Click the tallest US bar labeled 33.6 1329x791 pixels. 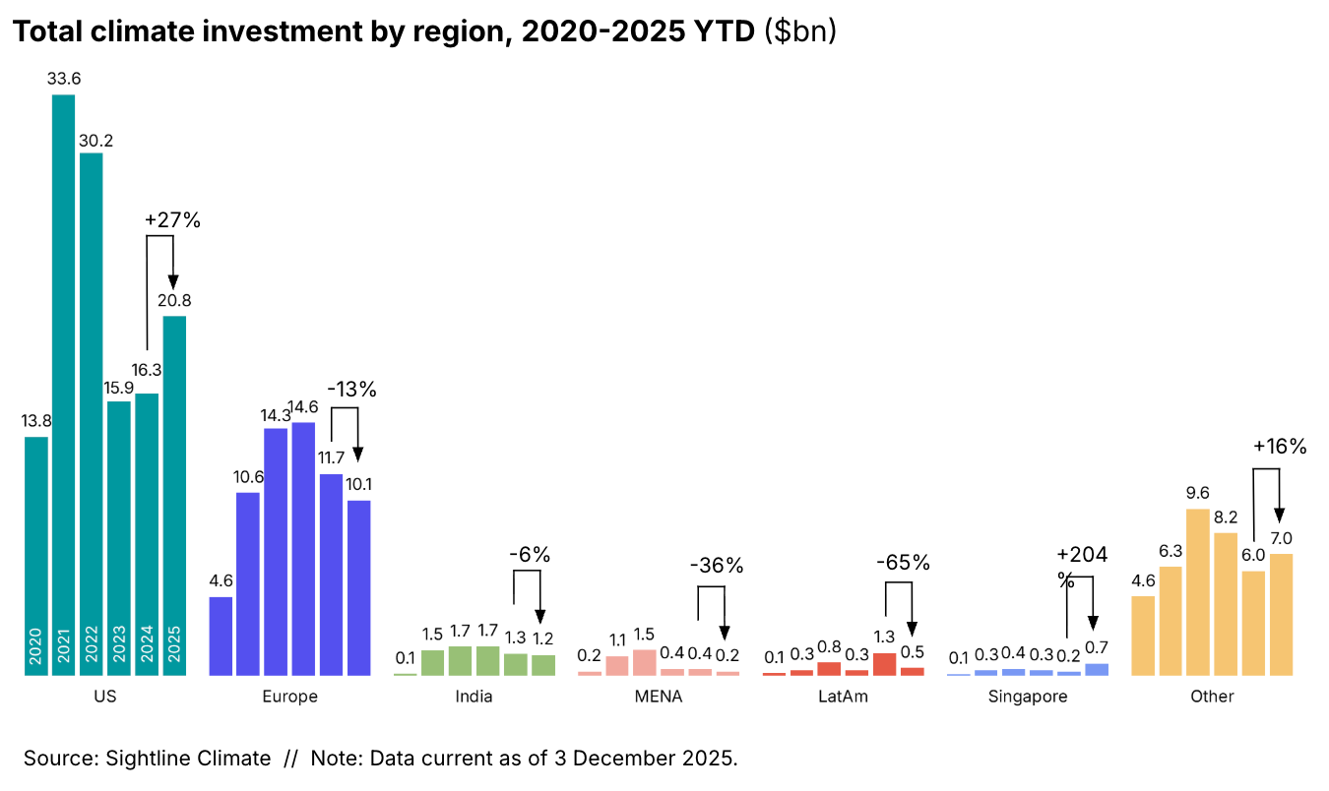coord(63,384)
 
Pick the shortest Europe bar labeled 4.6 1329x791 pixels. coord(221,636)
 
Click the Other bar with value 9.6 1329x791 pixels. coord(1198,591)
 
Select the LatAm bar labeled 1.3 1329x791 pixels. coord(885,664)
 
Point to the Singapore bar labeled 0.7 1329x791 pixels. coord(1096,669)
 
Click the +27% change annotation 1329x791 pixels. coord(172,220)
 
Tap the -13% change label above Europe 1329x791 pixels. coord(351,390)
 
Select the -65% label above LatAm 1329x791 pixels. coord(903,563)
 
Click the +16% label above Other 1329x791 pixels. coord(1279,447)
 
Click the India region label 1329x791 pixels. coord(474,697)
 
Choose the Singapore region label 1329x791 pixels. coord(1028,697)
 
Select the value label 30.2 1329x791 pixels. coord(95,141)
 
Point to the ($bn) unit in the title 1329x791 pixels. coord(800,31)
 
